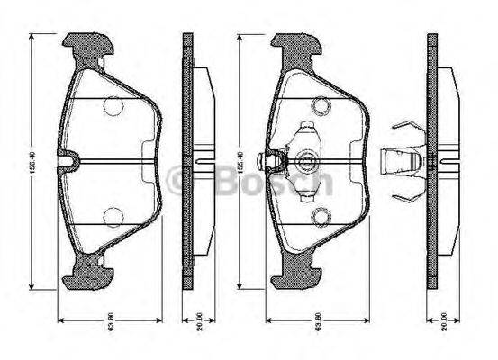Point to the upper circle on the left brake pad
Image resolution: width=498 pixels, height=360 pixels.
(x=113, y=107)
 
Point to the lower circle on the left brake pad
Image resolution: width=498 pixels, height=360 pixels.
(x=113, y=217)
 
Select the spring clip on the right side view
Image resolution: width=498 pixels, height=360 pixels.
(x=401, y=162)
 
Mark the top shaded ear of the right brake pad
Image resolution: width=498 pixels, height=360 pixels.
(x=295, y=45)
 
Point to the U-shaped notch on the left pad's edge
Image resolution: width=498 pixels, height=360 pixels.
(x=71, y=162)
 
